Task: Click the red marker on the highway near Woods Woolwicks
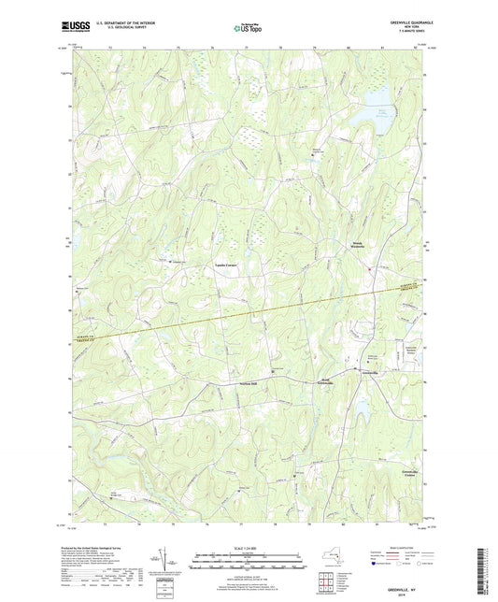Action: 370,271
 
